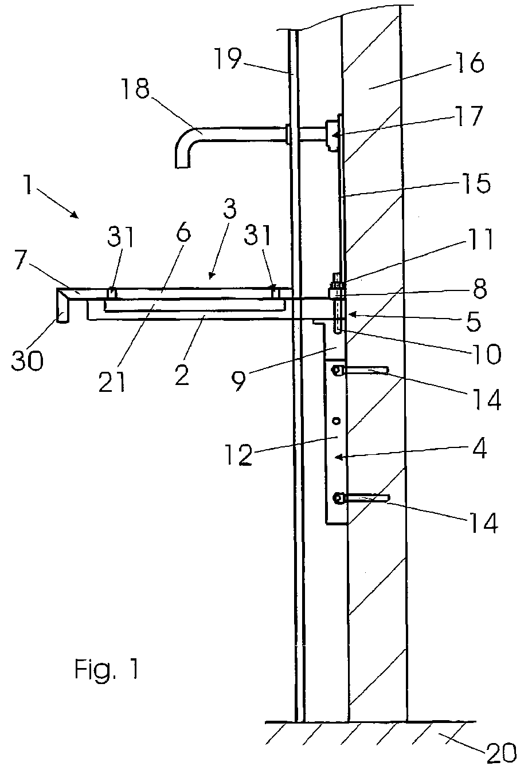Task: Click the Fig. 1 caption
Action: coord(107,669)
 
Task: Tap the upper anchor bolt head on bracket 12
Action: coord(338,371)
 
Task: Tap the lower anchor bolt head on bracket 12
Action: coord(339,498)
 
